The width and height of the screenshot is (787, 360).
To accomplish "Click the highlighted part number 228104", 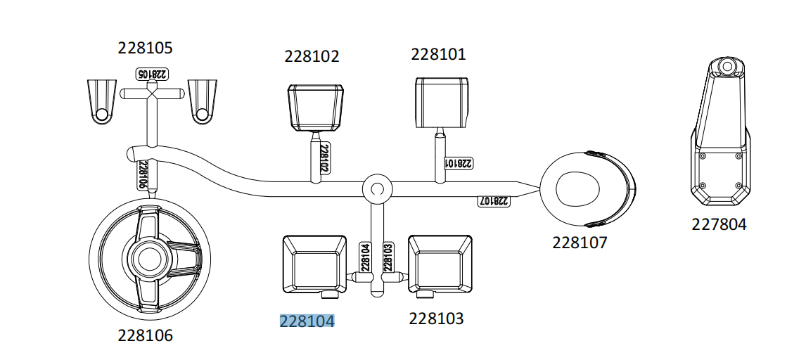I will pos(307,321).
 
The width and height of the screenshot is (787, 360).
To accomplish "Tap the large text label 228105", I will pos(145,49).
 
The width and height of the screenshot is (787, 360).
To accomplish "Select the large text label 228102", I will pos(312,56).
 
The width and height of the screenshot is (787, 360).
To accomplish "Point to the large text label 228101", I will pos(438,54).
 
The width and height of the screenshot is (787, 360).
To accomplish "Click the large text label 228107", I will pos(580,243).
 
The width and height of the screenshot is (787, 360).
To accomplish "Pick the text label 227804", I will pos(719,225).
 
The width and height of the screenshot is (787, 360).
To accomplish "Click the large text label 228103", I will pos(436,319).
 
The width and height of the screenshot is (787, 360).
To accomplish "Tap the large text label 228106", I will pos(145,336).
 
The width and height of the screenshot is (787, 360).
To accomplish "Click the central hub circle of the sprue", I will pos(376,188).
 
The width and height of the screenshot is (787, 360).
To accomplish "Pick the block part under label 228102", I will pos(316,107).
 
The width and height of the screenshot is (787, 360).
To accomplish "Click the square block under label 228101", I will pos(442,102).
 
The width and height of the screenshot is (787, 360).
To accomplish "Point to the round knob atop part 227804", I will pos(725,67).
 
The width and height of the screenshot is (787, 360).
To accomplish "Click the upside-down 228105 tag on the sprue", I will pos(151,74).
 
